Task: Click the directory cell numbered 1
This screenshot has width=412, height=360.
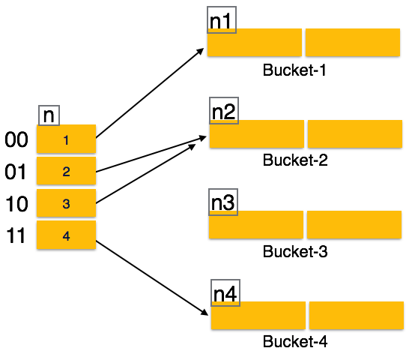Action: tap(67, 139)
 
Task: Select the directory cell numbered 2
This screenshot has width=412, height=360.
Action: tap(67, 172)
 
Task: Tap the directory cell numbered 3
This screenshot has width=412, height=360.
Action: tap(67, 203)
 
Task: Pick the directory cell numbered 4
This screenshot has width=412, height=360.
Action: tap(67, 235)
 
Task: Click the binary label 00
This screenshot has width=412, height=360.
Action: tap(16, 140)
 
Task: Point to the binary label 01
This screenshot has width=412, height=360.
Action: tap(16, 172)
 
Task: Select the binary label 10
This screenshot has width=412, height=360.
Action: tap(16, 204)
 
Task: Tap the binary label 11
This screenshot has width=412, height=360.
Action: tap(16, 236)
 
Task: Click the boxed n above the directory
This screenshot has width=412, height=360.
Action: tap(49, 115)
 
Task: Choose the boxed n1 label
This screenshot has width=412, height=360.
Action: tap(221, 20)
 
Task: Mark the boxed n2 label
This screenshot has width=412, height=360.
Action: tap(223, 112)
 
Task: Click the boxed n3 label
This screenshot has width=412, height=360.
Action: tap(222, 202)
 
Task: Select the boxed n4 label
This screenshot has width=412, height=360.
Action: tap(225, 293)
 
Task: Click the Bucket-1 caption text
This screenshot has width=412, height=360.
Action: tap(295, 70)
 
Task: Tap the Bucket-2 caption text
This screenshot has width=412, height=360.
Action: tap(295, 160)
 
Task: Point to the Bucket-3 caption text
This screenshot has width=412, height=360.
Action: tap(295, 251)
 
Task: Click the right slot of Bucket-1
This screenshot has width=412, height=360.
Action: tap(353, 43)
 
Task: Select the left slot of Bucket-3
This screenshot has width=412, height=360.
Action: tap(256, 225)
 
